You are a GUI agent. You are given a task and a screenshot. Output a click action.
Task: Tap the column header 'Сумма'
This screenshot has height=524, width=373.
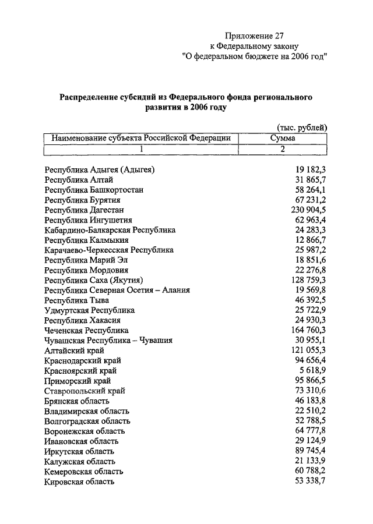pos(283,139)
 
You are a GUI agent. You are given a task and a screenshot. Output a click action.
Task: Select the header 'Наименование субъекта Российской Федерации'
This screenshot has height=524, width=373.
pos(140,139)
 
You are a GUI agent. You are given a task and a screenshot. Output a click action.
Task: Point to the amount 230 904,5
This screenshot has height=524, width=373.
pos(304,210)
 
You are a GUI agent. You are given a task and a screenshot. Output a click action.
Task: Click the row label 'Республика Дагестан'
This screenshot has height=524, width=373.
pos(85,210)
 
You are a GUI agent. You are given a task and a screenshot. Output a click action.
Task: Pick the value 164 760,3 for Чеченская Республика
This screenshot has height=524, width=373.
pos(304,330)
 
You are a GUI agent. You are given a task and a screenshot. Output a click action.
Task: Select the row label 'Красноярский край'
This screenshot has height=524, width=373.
pos(80,370)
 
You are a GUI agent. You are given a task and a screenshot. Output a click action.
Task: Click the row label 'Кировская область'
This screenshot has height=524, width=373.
pos(79,481)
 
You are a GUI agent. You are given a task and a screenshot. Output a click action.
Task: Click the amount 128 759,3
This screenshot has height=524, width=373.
pos(304,280)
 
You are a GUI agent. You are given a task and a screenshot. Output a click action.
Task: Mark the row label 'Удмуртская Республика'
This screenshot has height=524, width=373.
pos(89,310)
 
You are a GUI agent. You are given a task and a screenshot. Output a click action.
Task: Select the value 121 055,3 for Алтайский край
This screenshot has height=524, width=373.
pos(304,350)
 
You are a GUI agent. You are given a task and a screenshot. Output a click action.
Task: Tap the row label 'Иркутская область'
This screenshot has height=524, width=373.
pos(79,451)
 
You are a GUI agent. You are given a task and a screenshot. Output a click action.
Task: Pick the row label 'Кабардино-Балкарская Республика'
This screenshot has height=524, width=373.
pos(110,230)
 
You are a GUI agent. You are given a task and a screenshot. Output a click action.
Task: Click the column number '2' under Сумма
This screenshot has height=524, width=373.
pos(283,150)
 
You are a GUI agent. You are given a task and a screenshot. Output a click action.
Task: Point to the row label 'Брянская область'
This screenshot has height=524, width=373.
pos(76,401)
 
